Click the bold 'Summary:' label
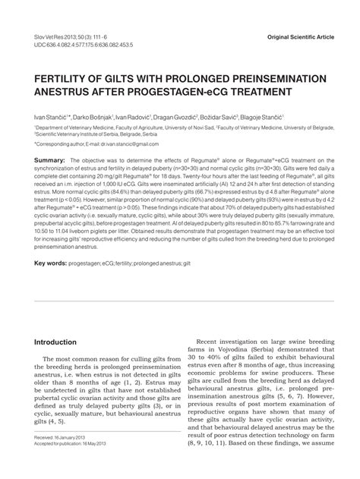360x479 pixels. [49, 161]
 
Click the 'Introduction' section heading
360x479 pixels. [56, 342]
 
